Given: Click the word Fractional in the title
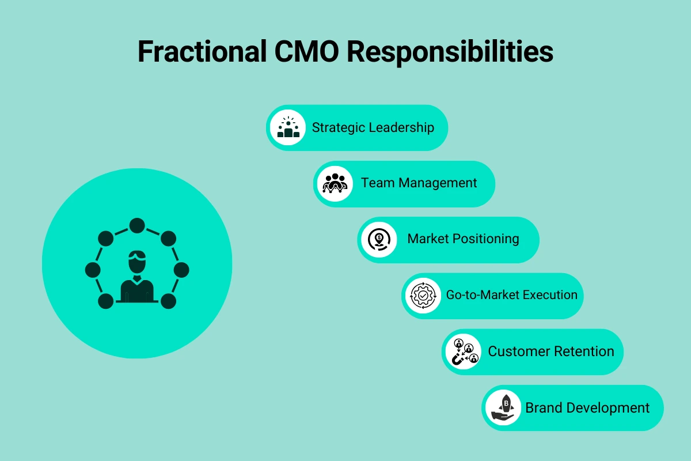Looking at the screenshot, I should [x=198, y=52].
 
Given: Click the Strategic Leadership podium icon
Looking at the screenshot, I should [x=288, y=127].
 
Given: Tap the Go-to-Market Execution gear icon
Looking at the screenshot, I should [x=422, y=296].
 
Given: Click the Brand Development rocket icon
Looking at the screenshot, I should [x=502, y=408].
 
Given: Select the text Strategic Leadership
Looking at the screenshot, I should [x=373, y=127].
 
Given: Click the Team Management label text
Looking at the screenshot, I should [x=419, y=183].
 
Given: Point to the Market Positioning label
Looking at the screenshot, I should [x=463, y=239].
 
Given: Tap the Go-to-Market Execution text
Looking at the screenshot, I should [x=511, y=295].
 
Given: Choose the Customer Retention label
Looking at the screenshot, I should [x=550, y=351].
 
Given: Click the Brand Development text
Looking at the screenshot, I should [x=587, y=407].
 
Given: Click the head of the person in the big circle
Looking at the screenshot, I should [x=137, y=262].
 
